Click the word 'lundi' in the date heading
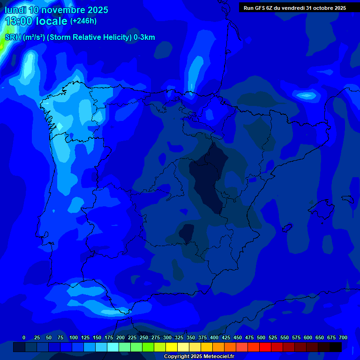pyautogui.click(x=15, y=10)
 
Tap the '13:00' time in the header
pyautogui.click(x=18, y=21)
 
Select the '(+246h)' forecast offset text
pyautogui.click(x=83, y=21)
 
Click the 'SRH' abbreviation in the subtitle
pyautogui.click(x=13, y=37)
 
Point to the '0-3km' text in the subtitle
pyautogui.click(x=144, y=37)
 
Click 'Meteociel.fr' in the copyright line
pyautogui.click(x=215, y=357)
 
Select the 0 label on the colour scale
pyautogui.click(x=24, y=337)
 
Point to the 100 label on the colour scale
pyautogui.click(x=74, y=337)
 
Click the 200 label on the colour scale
pyautogui.click(x=120, y=337)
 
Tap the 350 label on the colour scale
pyautogui.click(x=191, y=337)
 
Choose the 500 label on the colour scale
pyautogui.click(x=261, y=337)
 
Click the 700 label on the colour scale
pyautogui.click(x=343, y=337)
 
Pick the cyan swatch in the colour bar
pyautogui.click(x=113, y=347)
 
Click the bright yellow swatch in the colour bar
pyautogui.click(x=172, y=347)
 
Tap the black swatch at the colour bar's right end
pyautogui.click(x=336, y=347)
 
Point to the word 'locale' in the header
pyautogui.click(x=52, y=21)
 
